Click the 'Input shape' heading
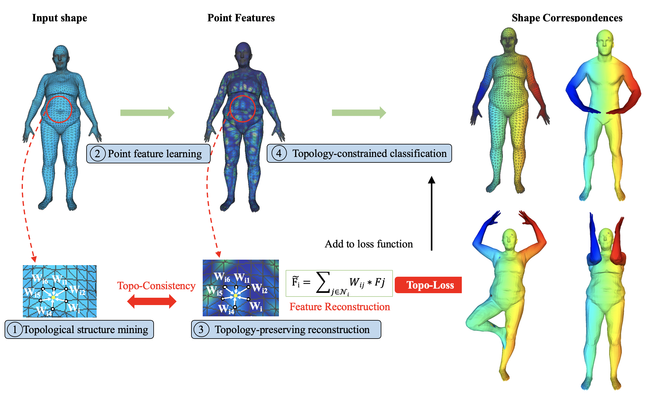(59, 18)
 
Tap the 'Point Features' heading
(241, 18)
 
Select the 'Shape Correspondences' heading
(567, 18)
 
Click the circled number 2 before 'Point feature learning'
(98, 154)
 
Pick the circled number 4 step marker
(279, 153)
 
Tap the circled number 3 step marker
(201, 329)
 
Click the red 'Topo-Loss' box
(428, 285)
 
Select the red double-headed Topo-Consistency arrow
(151, 302)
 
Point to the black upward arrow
(431, 213)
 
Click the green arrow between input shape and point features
(148, 113)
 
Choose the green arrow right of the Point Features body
(359, 113)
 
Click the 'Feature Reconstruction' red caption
(340, 307)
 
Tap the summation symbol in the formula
(323, 282)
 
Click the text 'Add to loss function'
(369, 244)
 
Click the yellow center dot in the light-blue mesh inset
(53, 297)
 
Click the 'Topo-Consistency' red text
(156, 286)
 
